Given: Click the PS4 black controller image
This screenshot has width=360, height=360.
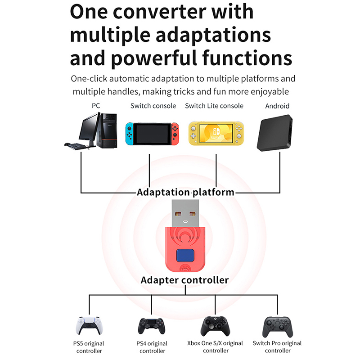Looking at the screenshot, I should coord(151,328).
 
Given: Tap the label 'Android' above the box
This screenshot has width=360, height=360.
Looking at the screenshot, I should coord(277,106).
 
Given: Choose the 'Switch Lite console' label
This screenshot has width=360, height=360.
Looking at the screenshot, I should coord(214,106).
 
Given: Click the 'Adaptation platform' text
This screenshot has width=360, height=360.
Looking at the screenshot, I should coord(185,192).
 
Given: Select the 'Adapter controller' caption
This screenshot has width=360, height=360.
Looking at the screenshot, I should coord(184,280).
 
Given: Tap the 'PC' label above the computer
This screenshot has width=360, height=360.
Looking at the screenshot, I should coord(95,106).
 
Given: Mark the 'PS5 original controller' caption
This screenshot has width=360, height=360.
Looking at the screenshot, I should coord(89,347).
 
